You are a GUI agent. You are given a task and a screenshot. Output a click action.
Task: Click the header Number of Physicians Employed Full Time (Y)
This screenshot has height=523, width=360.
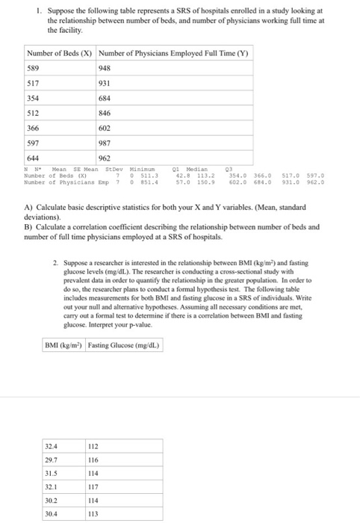click(173, 53)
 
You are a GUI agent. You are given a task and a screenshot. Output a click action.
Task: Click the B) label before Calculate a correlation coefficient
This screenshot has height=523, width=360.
click(29, 226)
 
